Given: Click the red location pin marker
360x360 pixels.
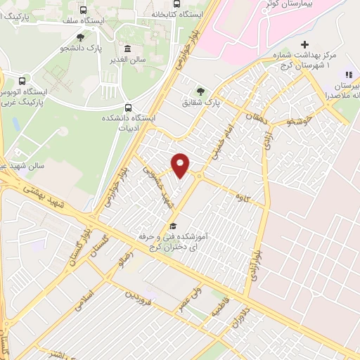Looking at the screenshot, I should [x=181, y=165].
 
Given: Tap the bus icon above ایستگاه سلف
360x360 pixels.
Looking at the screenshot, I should [x=84, y=11].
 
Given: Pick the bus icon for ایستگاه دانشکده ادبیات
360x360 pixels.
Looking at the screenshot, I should [x=127, y=108].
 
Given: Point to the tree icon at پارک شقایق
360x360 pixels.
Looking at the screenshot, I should [x=202, y=91].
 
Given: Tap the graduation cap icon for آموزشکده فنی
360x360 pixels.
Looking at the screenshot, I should [x=172, y=226].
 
